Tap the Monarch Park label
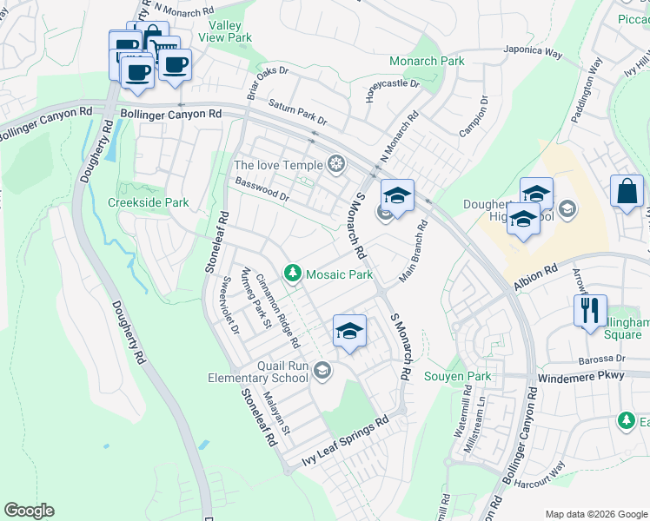pos(427,62)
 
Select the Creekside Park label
pos(148,202)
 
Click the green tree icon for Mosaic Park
pos(293,274)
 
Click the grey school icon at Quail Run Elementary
pos(322,372)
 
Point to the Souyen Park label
pos(457,377)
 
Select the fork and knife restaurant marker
pos(590,310)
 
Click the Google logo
pos(29,511)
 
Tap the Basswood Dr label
pos(262,189)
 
